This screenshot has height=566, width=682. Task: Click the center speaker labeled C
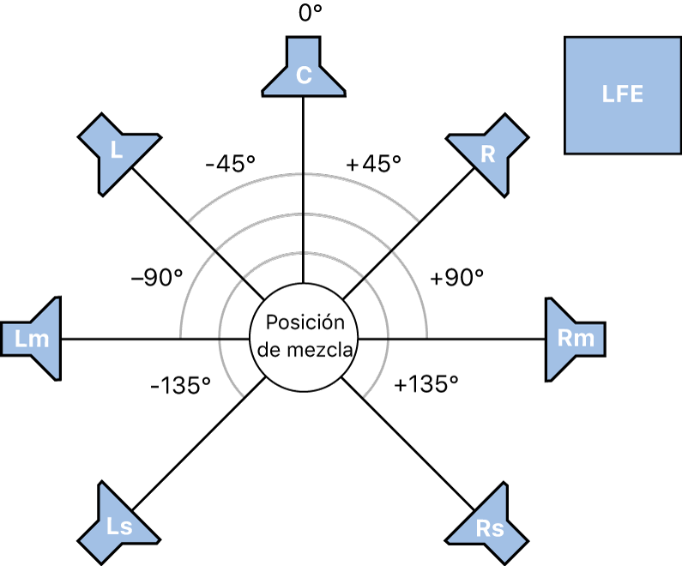coord(303,72)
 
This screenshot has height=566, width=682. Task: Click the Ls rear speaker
coord(119,524)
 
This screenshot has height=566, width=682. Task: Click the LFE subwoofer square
coord(623,94)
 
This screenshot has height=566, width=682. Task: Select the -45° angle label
coord(229,163)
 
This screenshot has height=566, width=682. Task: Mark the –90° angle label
coord(157,277)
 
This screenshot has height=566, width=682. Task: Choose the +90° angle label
coord(457,277)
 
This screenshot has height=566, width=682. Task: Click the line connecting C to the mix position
coord(303,189)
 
